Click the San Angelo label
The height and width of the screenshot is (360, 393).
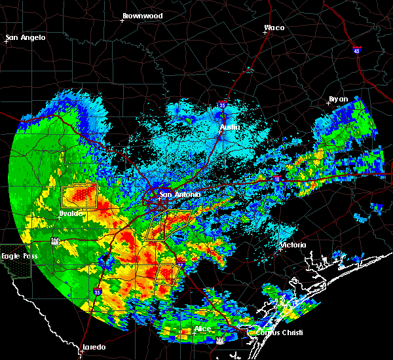[26, 37]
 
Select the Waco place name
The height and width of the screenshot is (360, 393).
[274, 27]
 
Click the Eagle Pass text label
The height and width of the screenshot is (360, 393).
[17, 255]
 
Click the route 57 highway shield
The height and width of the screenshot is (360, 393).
[54, 241]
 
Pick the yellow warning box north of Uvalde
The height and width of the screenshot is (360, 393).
[79, 196]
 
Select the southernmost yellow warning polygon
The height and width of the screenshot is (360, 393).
[167, 273]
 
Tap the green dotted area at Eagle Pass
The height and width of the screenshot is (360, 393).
[14, 268]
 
